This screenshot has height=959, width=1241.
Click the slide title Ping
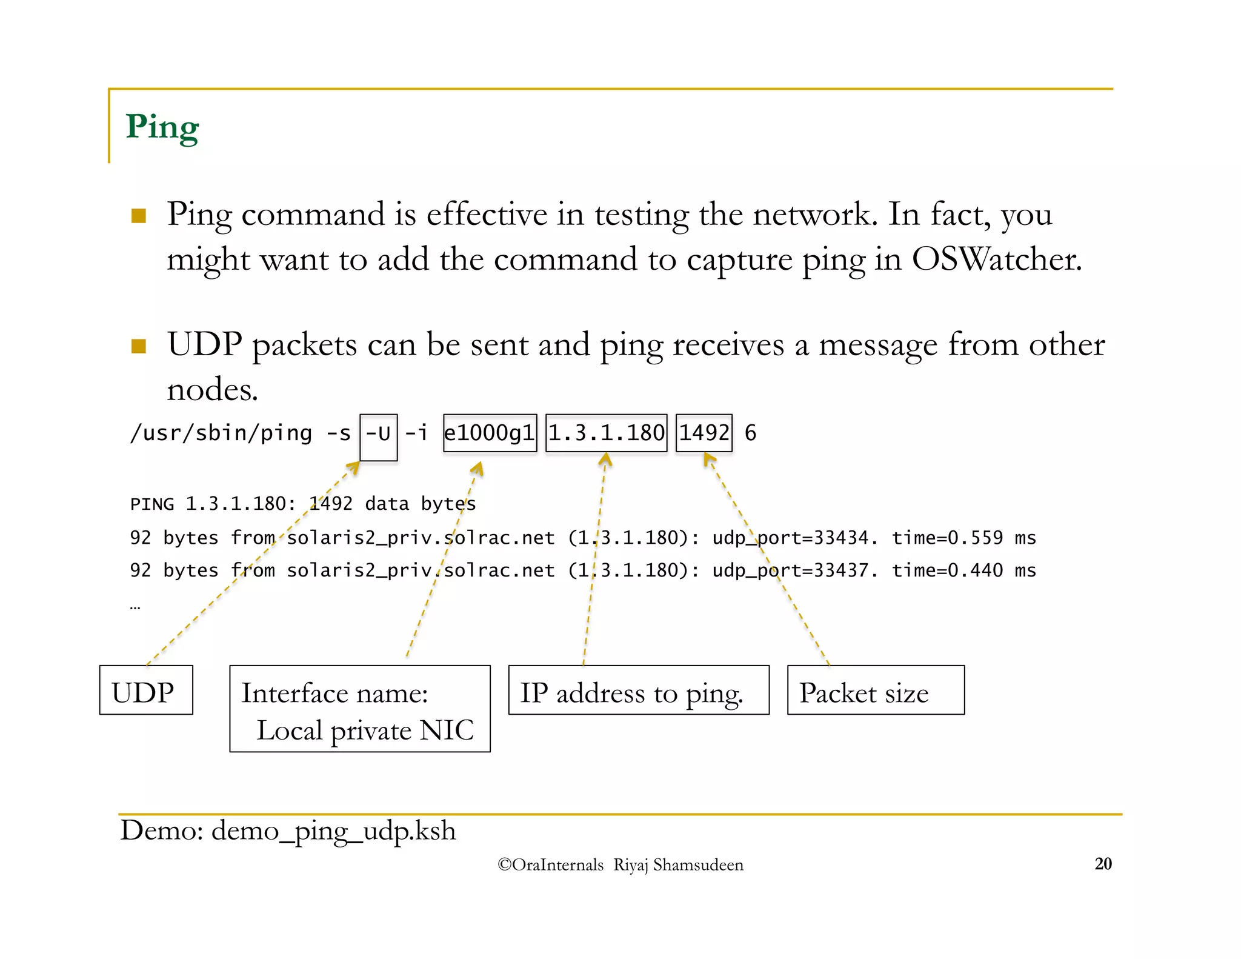tap(162, 127)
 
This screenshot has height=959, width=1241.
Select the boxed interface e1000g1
tap(490, 433)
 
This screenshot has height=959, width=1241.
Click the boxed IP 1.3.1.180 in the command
tap(606, 433)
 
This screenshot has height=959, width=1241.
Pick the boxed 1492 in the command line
tap(704, 433)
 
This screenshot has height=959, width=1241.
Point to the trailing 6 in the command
tap(750, 433)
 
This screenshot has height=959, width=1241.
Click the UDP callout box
tap(146, 690)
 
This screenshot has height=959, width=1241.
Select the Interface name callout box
tap(360, 709)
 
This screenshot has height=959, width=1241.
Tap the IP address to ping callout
tap(639, 691)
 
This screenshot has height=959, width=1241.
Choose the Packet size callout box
tap(876, 691)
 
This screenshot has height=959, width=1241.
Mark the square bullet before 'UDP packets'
tap(139, 346)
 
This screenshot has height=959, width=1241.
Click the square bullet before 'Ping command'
tap(139, 216)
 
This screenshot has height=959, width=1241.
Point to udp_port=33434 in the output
tap(794, 538)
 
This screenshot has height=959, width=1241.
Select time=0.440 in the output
tap(947, 570)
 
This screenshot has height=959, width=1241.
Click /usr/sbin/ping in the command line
tap(221, 433)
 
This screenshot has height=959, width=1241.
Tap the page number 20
tap(1103, 864)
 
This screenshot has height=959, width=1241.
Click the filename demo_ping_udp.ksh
tap(333, 830)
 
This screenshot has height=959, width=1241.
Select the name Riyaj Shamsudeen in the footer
tap(678, 865)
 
